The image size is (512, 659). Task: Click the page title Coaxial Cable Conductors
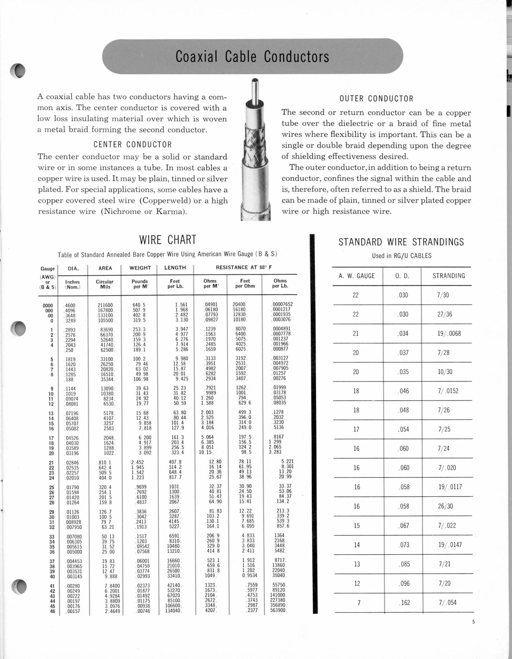tap(252, 57)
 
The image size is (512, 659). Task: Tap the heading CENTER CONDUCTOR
tap(133, 145)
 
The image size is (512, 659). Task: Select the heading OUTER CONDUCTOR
tap(376, 99)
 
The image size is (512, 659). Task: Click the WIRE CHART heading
tap(168, 240)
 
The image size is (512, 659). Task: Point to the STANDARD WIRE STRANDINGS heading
tap(401, 242)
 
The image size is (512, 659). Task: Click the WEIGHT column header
tap(140, 268)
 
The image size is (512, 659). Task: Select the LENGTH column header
tap(175, 268)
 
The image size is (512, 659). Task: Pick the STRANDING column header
tap(449, 276)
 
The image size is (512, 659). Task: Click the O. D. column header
tap(402, 276)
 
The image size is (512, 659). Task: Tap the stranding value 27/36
tap(444, 314)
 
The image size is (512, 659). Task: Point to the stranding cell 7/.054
tap(447, 603)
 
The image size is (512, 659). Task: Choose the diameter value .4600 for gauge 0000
tap(70, 306)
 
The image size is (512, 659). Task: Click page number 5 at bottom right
tap(473, 622)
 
